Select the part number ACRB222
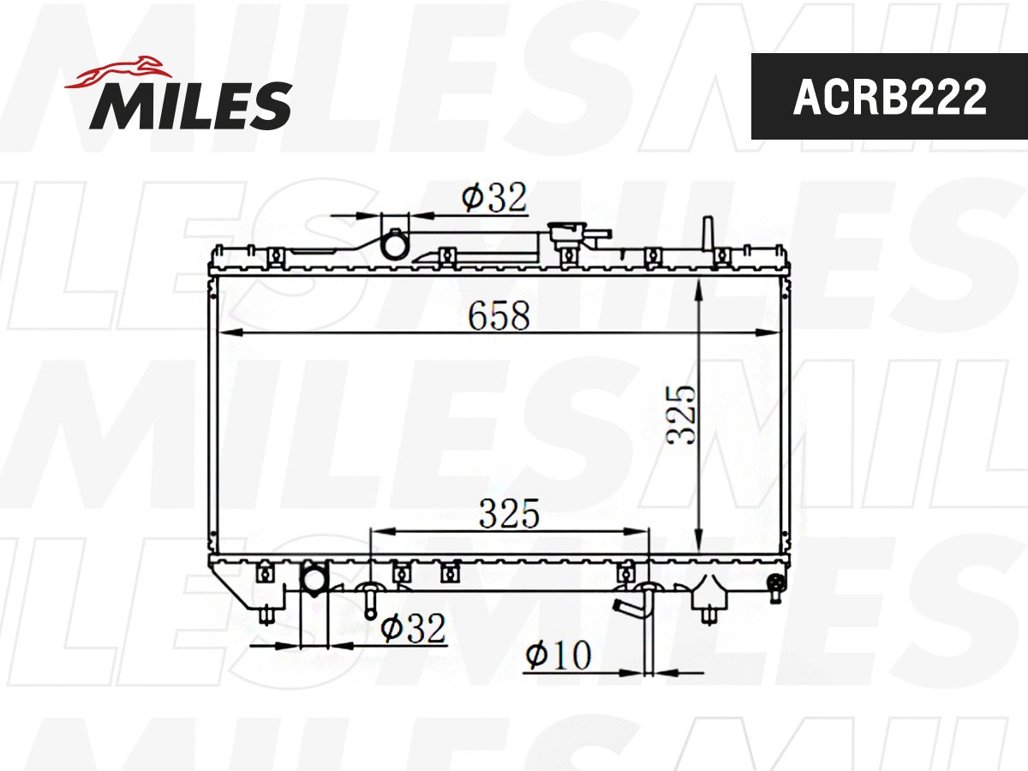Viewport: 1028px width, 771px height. point(889,98)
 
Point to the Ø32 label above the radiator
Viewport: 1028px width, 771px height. point(493,198)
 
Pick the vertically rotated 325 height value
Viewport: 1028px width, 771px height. point(682,414)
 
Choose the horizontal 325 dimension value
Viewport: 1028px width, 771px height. point(509,514)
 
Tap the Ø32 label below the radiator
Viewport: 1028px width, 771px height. point(414,630)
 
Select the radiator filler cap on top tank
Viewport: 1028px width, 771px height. point(568,233)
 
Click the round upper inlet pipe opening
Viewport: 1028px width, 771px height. point(395,246)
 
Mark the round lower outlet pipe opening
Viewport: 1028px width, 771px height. point(314,581)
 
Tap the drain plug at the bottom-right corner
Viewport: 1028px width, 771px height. point(776,585)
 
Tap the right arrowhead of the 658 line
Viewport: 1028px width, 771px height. point(773,332)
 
